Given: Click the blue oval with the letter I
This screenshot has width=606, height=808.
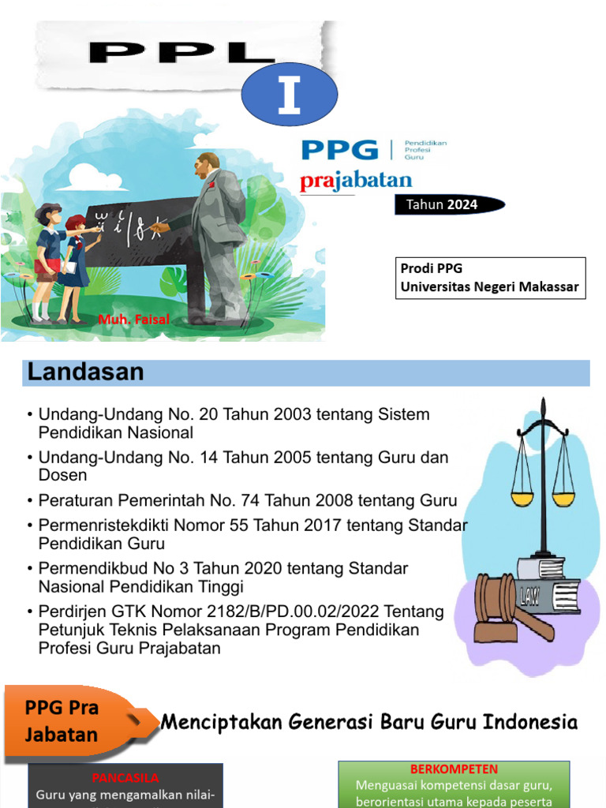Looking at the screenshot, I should tap(289, 96).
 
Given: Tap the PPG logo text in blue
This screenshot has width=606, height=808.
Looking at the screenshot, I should tap(340, 149).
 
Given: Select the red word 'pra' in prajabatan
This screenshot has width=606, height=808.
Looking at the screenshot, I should tap(316, 181).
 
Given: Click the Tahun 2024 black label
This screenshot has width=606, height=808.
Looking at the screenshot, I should tap(443, 205).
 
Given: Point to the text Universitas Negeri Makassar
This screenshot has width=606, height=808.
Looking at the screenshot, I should tap(489, 286).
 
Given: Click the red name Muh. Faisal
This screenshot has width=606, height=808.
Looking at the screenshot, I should tap(133, 320).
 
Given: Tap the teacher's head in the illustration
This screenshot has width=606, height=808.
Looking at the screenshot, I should tap(208, 166).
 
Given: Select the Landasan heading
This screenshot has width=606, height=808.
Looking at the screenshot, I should tap(86, 372).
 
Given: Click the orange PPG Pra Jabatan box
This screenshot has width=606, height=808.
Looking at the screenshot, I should tap(67, 721).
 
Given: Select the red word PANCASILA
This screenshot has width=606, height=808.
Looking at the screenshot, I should tap(125, 778).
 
